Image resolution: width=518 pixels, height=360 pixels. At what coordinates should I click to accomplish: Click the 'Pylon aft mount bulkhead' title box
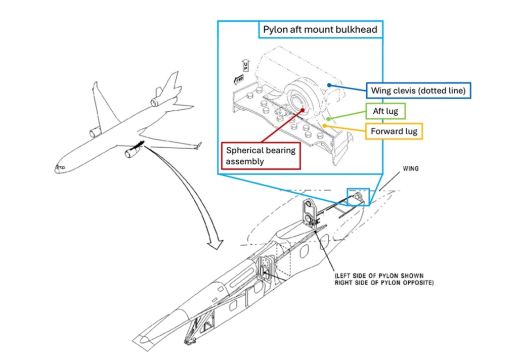coord(320,29)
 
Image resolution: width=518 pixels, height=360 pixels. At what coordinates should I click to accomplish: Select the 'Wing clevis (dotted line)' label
coord(419,91)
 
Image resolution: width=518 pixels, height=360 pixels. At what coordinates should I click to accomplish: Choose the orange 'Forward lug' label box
coord(394,131)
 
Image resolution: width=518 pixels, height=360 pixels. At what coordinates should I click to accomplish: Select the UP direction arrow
coord(246,66)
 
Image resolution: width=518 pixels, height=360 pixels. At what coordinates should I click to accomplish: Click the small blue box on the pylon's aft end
coord(358,196)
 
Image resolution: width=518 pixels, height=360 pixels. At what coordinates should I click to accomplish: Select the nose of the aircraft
coord(58,169)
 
